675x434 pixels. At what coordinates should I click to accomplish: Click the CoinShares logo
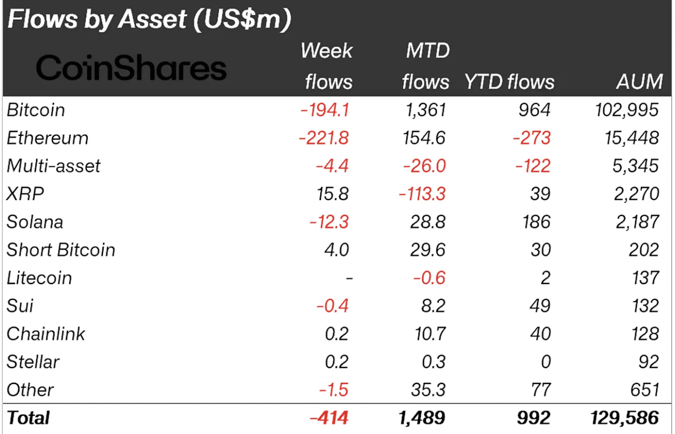tap(131, 68)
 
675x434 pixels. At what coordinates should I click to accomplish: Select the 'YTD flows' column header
tap(509, 82)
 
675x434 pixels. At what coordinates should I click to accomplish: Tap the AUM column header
tap(639, 82)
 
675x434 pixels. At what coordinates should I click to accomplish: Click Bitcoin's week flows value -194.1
tap(325, 110)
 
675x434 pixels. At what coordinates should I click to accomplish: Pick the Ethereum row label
tap(47, 138)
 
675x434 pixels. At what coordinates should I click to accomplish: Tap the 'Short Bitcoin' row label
tap(61, 250)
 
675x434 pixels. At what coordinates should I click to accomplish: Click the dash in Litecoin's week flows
tap(349, 278)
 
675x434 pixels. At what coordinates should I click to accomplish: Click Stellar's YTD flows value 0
tap(544, 362)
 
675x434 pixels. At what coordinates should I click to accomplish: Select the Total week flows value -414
tap(329, 418)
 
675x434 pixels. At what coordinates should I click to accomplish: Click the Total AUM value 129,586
tap(624, 418)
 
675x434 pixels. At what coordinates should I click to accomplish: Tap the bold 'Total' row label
tap(28, 418)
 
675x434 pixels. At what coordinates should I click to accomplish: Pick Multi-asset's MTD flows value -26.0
tap(425, 166)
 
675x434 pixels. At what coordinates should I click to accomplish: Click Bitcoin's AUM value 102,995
tap(625, 110)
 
